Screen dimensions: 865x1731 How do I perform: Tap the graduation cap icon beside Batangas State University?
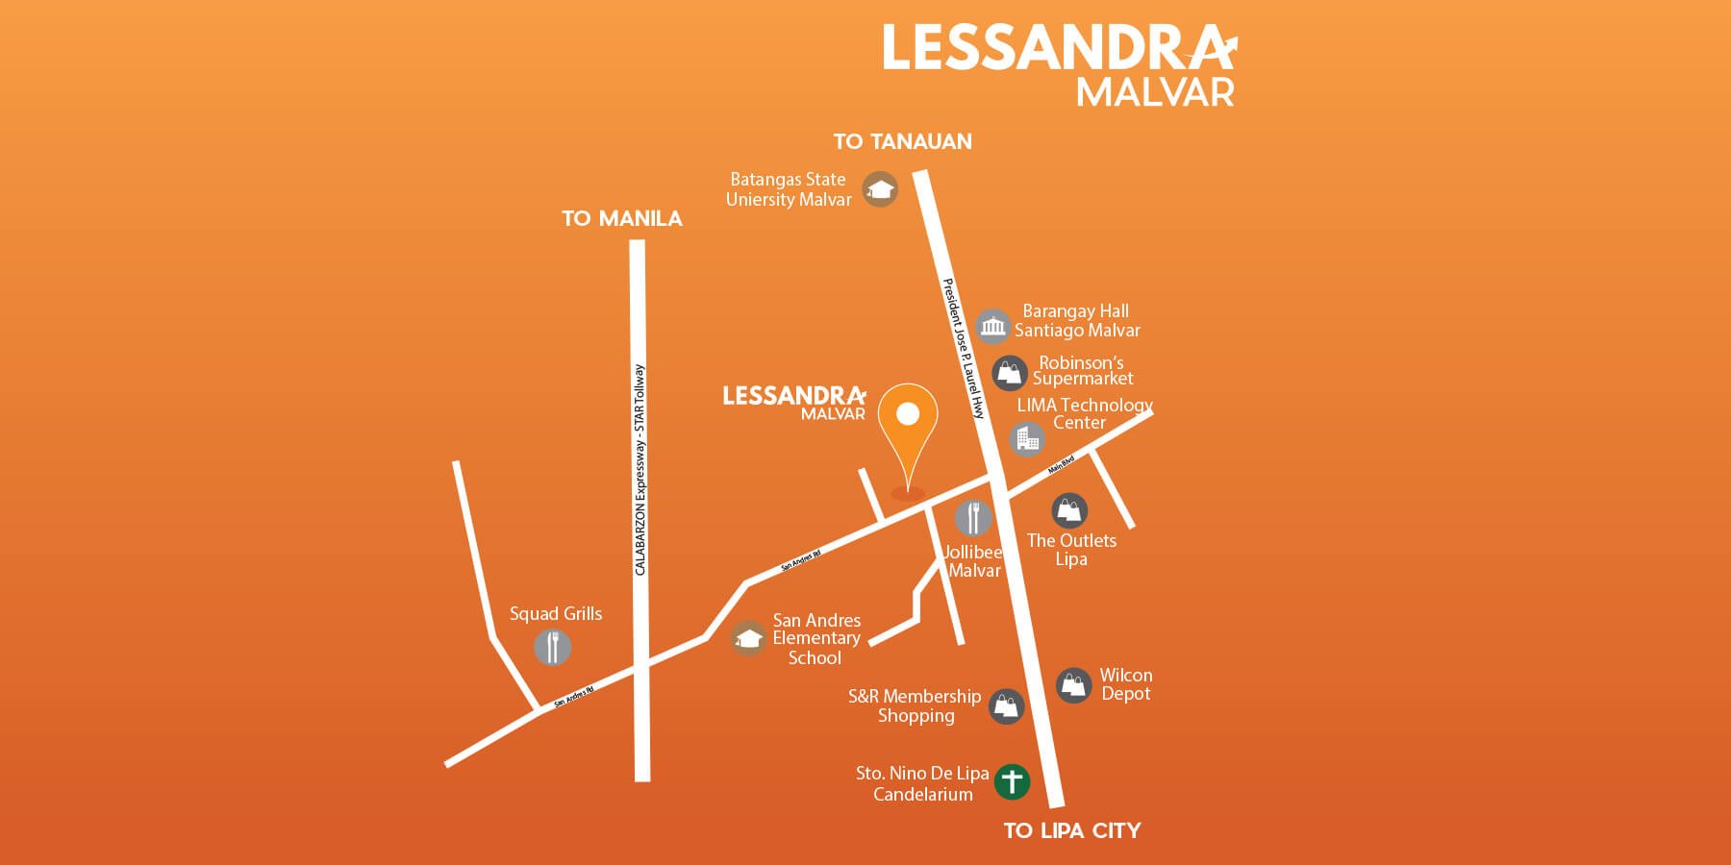coord(879,189)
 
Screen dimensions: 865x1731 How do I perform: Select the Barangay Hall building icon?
coord(992,327)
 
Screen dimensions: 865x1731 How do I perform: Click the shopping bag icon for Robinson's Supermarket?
coord(1010,373)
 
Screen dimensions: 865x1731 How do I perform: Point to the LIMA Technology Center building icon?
coord(1027,439)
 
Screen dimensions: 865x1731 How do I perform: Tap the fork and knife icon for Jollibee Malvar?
coord(973,518)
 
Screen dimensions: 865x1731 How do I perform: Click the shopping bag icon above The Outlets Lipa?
coord(1069,510)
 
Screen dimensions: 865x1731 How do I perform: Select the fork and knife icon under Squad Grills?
coord(552,647)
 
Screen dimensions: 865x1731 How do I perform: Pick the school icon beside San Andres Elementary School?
coord(748,638)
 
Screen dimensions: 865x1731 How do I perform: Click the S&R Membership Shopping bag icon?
coord(1006,706)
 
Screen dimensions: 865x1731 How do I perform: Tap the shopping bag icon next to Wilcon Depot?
coord(1073,685)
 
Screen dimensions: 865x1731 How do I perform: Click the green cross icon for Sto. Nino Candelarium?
coord(1012,781)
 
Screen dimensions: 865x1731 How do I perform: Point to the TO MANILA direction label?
coord(622,219)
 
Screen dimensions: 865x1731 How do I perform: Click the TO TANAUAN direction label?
coord(902,142)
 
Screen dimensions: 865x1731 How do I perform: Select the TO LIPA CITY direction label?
coord(1072,831)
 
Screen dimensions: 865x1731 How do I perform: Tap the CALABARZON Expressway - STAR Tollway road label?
coord(640,471)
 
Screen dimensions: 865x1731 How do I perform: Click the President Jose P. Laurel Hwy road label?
coord(964,348)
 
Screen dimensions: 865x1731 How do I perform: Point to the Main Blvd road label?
coord(1061,466)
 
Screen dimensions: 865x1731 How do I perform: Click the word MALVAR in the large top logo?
coord(1155,93)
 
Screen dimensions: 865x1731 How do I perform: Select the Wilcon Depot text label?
coord(1125,684)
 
